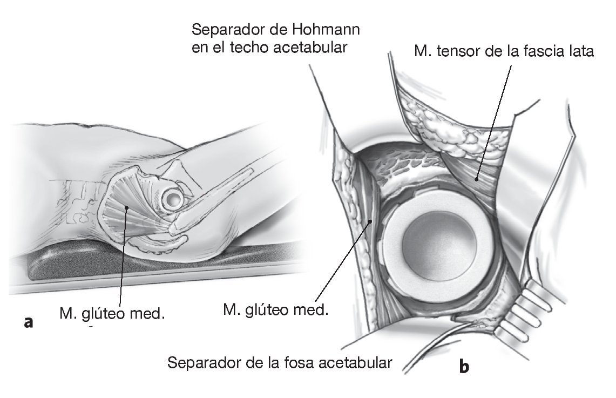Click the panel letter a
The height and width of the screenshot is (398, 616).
point(29,322)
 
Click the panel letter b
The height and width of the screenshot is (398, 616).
point(464,367)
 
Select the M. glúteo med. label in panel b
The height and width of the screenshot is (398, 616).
point(275,310)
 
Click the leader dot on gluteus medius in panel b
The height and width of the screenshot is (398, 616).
point(370,220)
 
